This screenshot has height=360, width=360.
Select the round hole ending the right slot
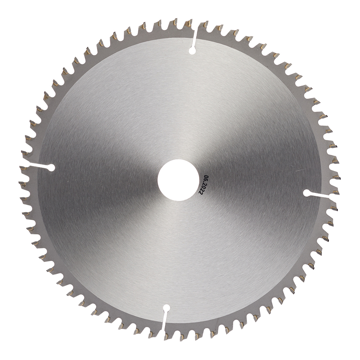(x=307, y=193)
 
